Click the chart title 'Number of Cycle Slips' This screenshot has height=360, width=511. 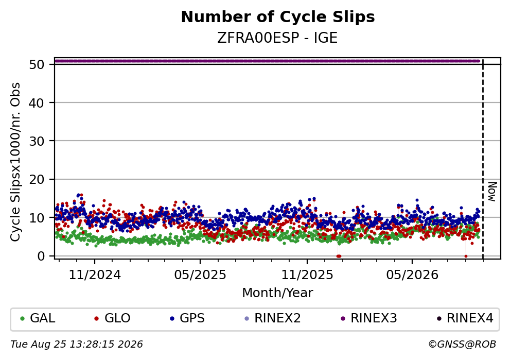(x=278, y=17)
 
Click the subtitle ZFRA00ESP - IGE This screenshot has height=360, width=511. (x=277, y=38)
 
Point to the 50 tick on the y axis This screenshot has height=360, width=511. (x=37, y=64)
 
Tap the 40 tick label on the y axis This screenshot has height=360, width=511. (x=37, y=103)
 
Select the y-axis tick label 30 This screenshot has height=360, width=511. (x=37, y=141)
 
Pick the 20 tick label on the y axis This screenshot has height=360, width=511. (x=37, y=179)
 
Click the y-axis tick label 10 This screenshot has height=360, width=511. (x=37, y=218)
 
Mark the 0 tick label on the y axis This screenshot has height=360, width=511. (x=41, y=256)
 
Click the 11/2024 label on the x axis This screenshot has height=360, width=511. (x=95, y=275)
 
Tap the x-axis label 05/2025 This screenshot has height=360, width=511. (x=200, y=275)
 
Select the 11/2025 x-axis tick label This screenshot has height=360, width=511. (x=307, y=275)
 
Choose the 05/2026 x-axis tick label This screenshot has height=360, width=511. (x=412, y=275)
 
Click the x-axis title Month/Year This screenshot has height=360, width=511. (x=278, y=293)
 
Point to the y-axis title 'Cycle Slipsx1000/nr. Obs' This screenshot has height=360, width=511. (x=15, y=162)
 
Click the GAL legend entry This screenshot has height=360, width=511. (x=38, y=318)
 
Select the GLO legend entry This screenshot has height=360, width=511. (x=112, y=318)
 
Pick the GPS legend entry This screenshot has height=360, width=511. (x=187, y=318)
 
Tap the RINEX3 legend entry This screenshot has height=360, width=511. (x=369, y=318)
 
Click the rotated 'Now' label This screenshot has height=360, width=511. (x=492, y=192)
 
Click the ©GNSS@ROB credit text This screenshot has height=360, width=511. (x=462, y=345)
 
